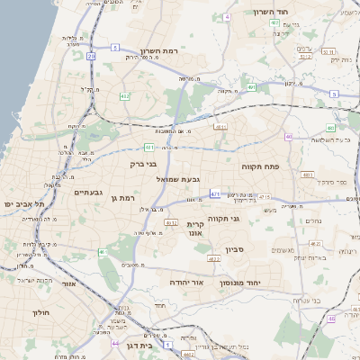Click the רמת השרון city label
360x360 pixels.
tap(162, 52)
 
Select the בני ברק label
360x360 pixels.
tap(144, 165)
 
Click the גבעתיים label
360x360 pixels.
tap(93, 192)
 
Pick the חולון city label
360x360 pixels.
tap(40, 312)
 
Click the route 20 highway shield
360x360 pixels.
tap(92, 56)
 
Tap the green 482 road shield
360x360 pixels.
tap(123, 95)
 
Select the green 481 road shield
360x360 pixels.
tap(148, 147)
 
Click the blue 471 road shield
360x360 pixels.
tap(215, 193)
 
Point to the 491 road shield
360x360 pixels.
tap(253, 87)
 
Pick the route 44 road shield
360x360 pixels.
tap(115, 343)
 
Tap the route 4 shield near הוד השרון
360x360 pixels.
tap(226, 17)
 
